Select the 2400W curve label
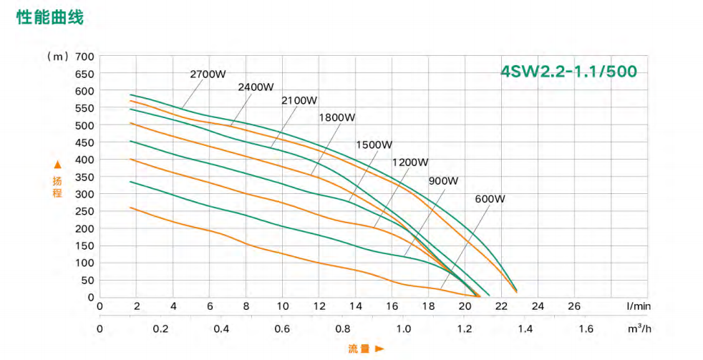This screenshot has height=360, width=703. pos(256,87)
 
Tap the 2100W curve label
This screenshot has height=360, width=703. pos(300,100)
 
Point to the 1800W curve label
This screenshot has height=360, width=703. pos(337,117)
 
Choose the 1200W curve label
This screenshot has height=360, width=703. pos(410,162)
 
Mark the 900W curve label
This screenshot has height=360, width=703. pos(443,180)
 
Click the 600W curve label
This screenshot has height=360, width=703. pos(490,198)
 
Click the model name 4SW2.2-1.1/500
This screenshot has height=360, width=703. pos(568,72)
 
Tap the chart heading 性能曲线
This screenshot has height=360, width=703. pos(50,18)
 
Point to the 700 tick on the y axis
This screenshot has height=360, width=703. pos(84,57)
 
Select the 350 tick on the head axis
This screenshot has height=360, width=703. pos(84,177)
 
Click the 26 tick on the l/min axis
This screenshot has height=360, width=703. pos(574,306)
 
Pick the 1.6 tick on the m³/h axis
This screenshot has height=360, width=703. pos(586,329)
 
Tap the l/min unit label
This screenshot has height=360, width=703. pos(638,306)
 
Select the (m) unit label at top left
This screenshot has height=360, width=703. pos(57,57)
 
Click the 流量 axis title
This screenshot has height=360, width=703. pos(359,349)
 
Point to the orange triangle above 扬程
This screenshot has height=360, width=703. pos(58,165)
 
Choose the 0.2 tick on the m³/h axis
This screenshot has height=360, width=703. pos(160,329)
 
